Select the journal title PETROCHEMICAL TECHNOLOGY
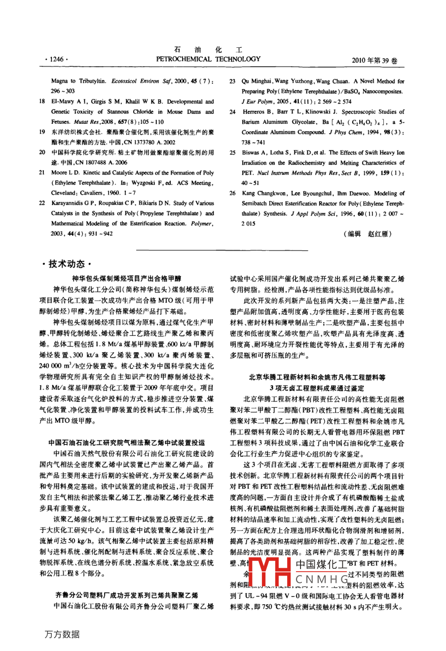[x=208, y=59]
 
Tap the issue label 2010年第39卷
[x=374, y=60]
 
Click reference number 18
[x=42, y=102]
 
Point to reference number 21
[x=42, y=173]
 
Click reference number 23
[x=232, y=81]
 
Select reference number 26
[x=232, y=193]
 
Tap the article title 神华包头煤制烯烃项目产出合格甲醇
[x=127, y=279]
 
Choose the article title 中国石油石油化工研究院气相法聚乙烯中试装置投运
[x=127, y=443]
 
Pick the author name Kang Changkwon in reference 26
[x=263, y=193]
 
